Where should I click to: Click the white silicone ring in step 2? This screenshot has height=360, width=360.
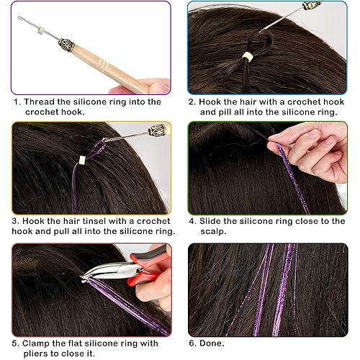click(248, 56)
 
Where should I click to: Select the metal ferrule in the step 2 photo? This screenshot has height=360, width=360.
click(311, 5)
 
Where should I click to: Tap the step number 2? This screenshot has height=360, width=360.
click(192, 102)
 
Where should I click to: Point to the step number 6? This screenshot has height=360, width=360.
click(192, 343)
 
